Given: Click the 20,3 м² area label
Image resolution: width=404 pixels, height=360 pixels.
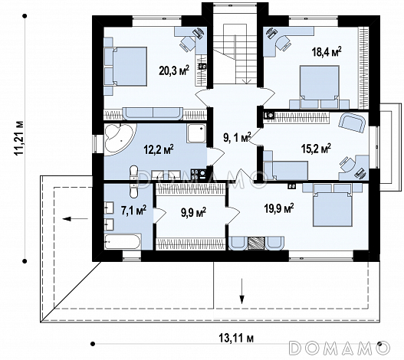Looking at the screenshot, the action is pyautogui.click(x=174, y=70).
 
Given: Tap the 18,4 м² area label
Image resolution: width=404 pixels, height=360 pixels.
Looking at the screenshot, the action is pyautogui.click(x=327, y=51).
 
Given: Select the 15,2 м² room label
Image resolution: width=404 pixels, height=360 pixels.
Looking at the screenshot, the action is pyautogui.click(x=316, y=149).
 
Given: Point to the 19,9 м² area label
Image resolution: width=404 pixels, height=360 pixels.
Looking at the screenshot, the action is pyautogui.click(x=279, y=208).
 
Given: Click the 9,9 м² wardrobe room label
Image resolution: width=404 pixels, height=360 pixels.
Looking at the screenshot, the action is pyautogui.click(x=193, y=212).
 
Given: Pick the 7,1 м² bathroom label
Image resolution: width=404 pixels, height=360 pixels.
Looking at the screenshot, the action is pyautogui.click(x=133, y=210).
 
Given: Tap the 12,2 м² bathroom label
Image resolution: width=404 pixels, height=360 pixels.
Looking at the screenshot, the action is pyautogui.click(x=159, y=149).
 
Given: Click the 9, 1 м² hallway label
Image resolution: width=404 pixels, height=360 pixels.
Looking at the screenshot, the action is pyautogui.click(x=237, y=138).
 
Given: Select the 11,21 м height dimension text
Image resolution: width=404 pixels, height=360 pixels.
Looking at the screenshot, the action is pyautogui.click(x=19, y=138).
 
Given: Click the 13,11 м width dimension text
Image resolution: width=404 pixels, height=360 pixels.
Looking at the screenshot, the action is pyautogui.click(x=236, y=338).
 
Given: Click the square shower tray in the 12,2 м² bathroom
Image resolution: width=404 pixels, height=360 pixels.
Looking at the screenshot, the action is pyautogui.click(x=196, y=133).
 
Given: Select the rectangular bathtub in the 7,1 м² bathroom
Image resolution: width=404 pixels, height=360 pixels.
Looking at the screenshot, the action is pyautogui.click(x=123, y=241).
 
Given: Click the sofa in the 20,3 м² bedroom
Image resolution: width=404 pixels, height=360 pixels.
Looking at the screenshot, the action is pyautogui.click(x=153, y=113).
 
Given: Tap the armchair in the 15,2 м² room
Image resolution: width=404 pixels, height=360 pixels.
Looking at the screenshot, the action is pyautogui.click(x=352, y=123).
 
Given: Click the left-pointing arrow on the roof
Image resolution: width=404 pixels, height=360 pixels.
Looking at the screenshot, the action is pyautogui.click(x=75, y=219).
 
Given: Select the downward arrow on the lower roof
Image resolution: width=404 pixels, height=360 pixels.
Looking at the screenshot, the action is pyautogui.click(x=241, y=291).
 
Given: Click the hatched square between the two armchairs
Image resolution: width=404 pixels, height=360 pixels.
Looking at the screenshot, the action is pyautogui.click(x=256, y=244).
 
